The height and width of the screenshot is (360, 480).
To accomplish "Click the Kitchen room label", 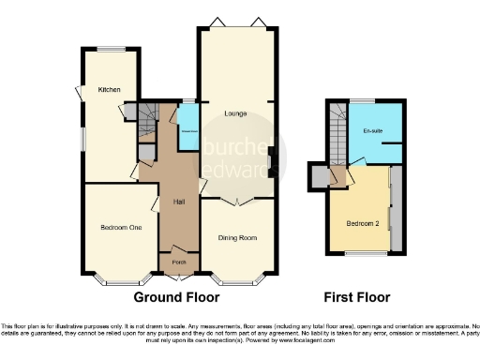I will tap(110, 90).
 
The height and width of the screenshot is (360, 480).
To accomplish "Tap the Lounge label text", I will tap(234, 114).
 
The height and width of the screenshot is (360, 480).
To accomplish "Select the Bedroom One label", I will tap(121, 227).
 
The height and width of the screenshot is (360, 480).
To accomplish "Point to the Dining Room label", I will tap(237, 238).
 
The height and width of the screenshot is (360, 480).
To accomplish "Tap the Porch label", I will tap(179, 262).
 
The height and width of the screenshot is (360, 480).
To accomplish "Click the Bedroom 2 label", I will tap(362, 223).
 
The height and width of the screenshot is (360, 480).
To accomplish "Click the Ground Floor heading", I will tap(176, 297).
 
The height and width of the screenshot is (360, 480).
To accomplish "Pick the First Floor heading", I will tap(356, 297).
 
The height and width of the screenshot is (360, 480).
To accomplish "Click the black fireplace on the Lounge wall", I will tap(271, 161).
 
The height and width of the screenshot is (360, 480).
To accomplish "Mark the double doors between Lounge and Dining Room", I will tap(238, 200).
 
